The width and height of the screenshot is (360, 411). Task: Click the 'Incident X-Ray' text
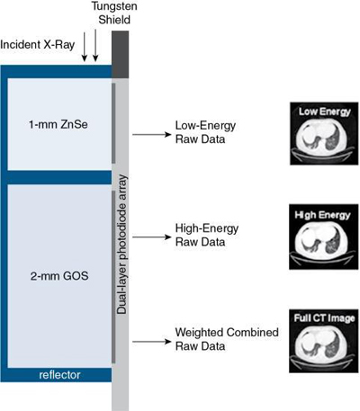[39, 43]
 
